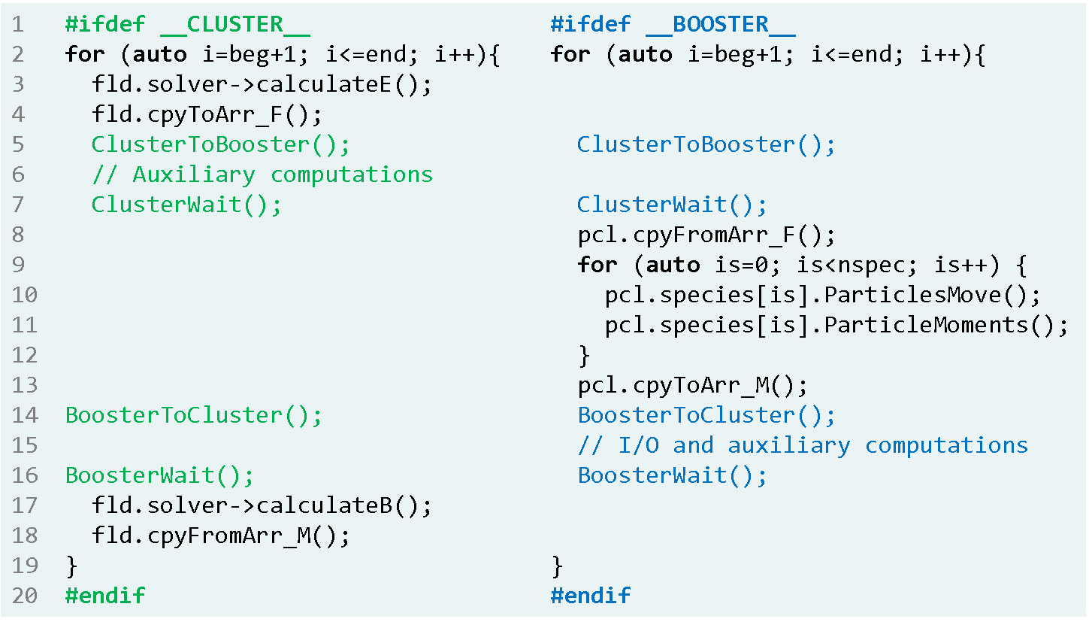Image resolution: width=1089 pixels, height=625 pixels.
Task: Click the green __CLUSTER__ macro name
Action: click(x=234, y=25)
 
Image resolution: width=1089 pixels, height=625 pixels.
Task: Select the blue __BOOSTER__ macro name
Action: click(x=720, y=25)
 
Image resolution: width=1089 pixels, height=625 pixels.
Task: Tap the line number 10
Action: click(x=25, y=295)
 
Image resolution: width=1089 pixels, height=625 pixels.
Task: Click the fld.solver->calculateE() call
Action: click(x=262, y=84)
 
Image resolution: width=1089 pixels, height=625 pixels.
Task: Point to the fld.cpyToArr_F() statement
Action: click(x=207, y=114)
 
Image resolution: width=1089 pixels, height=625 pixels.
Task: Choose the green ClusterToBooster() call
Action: click(x=220, y=144)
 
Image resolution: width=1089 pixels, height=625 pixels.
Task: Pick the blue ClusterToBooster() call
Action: click(x=706, y=144)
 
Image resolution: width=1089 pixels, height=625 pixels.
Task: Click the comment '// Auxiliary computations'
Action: click(x=262, y=174)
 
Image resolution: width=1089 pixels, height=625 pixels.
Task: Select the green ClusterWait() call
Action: click(x=186, y=205)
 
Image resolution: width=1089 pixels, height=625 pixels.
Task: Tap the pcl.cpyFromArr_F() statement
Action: click(x=706, y=235)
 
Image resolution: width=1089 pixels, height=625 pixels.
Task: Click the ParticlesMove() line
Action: click(x=823, y=295)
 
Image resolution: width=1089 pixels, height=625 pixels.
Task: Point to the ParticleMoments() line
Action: click(x=836, y=325)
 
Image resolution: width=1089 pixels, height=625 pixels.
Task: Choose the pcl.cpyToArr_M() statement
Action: click(x=692, y=385)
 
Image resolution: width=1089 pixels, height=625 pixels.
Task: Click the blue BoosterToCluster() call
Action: click(x=706, y=415)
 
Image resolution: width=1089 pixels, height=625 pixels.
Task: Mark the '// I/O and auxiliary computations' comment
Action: click(x=802, y=445)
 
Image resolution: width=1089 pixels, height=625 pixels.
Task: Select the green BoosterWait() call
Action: click(x=159, y=475)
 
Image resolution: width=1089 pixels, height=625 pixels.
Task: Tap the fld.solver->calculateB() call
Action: click(x=262, y=505)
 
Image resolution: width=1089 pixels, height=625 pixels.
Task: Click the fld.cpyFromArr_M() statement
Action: click(x=220, y=535)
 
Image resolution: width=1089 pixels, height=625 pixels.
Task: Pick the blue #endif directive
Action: click(x=590, y=596)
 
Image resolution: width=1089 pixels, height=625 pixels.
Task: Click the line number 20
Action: click(x=25, y=596)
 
